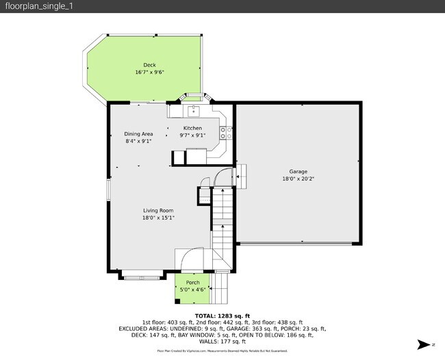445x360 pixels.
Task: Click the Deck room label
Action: click(149, 65)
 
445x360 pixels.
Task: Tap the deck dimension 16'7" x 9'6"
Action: click(149, 72)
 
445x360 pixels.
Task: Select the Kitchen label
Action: click(192, 128)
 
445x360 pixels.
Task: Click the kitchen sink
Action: click(193, 110)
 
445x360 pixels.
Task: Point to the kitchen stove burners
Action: click(223, 133)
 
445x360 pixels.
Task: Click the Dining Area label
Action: click(138, 134)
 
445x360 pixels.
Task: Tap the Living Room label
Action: click(158, 211)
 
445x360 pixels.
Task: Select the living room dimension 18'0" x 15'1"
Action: click(158, 218)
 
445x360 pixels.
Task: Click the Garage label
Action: click(298, 172)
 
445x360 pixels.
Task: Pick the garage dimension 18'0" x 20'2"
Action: click(298, 179)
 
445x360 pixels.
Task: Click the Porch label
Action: click(193, 283)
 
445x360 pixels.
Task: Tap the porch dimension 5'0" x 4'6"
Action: click(193, 290)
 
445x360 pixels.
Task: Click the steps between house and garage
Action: click(242, 175)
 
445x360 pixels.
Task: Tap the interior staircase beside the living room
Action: click(222, 219)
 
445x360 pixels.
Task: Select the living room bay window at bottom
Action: click(142, 277)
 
